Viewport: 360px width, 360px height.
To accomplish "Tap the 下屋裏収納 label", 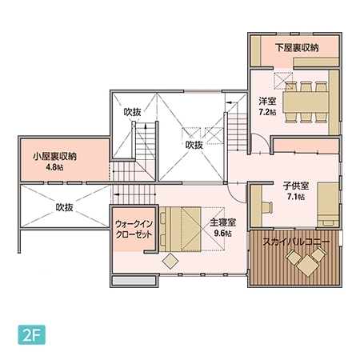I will point(297,48).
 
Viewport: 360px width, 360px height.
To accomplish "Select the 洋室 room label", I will point(267,102).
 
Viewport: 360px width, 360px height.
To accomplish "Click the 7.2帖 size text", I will point(267,114).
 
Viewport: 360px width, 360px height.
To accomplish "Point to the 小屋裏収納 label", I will point(49,157).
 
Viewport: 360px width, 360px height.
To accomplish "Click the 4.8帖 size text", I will point(54,168).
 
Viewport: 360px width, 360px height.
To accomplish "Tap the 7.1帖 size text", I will point(294,197).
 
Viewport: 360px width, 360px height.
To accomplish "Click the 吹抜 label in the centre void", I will point(194,146).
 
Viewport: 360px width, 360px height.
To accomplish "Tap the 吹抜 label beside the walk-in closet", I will point(65,207).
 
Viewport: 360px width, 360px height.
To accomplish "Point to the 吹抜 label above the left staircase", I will point(132,113).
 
